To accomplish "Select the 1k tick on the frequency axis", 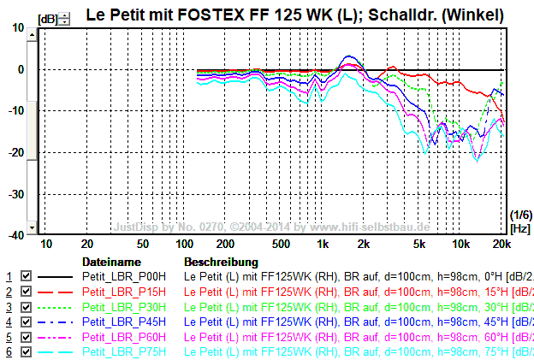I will (323, 244).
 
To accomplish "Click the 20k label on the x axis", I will (501, 244).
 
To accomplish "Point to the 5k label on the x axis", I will (419, 244).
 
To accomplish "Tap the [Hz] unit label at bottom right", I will (519, 228).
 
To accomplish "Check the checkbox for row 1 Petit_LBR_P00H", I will (27, 277).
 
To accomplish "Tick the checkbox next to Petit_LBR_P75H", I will (27, 352).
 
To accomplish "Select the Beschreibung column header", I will (221, 262).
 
